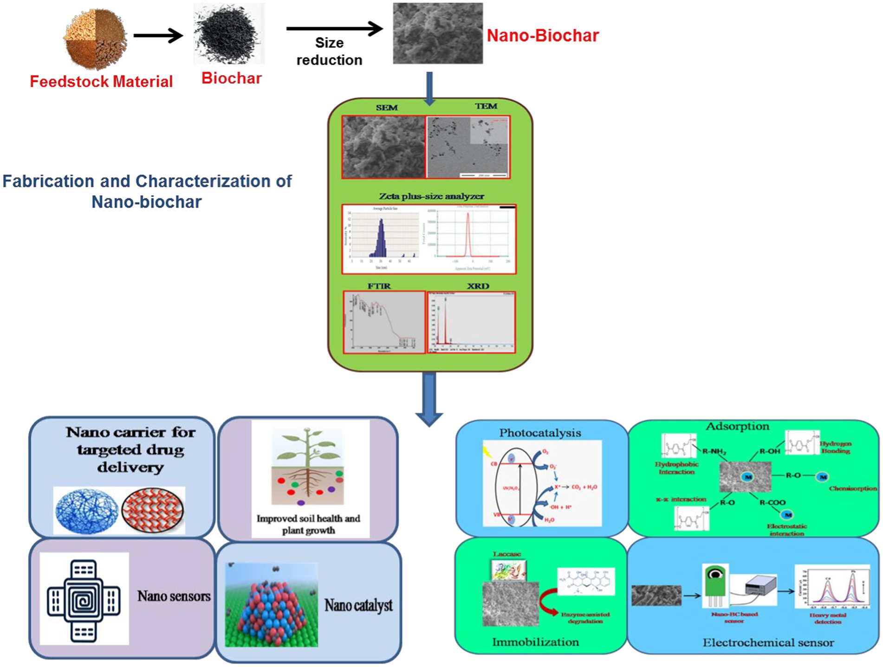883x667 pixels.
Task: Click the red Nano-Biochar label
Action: (x=542, y=36)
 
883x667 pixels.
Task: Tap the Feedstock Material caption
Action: (x=101, y=82)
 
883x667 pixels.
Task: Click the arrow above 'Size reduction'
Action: (x=334, y=29)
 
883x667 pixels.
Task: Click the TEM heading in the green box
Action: (x=486, y=106)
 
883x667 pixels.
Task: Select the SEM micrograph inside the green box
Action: (x=383, y=147)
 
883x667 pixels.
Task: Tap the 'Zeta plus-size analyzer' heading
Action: (x=431, y=196)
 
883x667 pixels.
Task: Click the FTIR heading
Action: (x=379, y=286)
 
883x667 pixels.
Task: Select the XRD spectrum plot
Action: (x=471, y=322)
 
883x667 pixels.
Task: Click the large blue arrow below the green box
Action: (x=429, y=399)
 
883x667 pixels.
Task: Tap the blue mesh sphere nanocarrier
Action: (x=86, y=510)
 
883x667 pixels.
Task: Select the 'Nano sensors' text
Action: (x=174, y=596)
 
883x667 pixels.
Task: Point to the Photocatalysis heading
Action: (x=540, y=433)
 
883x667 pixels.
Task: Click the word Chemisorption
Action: (x=852, y=488)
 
